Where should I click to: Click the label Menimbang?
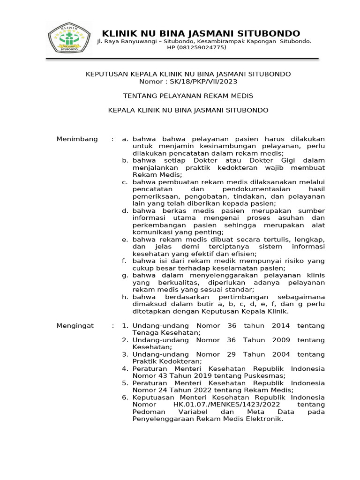[x=77, y=139]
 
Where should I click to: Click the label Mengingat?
[x=75, y=325]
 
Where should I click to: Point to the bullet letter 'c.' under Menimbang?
[x=125, y=182]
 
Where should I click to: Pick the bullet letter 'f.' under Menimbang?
[x=124, y=261]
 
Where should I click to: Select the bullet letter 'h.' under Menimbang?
[x=125, y=297]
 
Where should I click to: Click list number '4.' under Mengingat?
[x=125, y=368]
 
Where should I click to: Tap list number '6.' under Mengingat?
[x=125, y=397]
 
